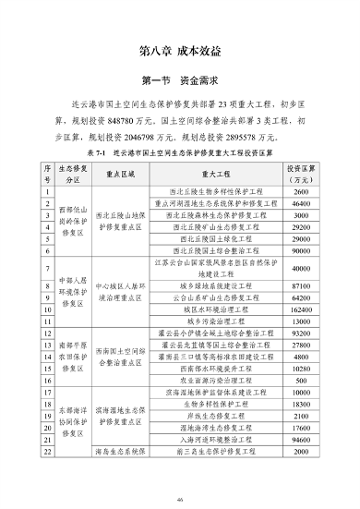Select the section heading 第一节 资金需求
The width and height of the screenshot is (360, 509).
click(180, 80)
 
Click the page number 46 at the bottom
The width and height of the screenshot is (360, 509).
click(180, 498)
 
